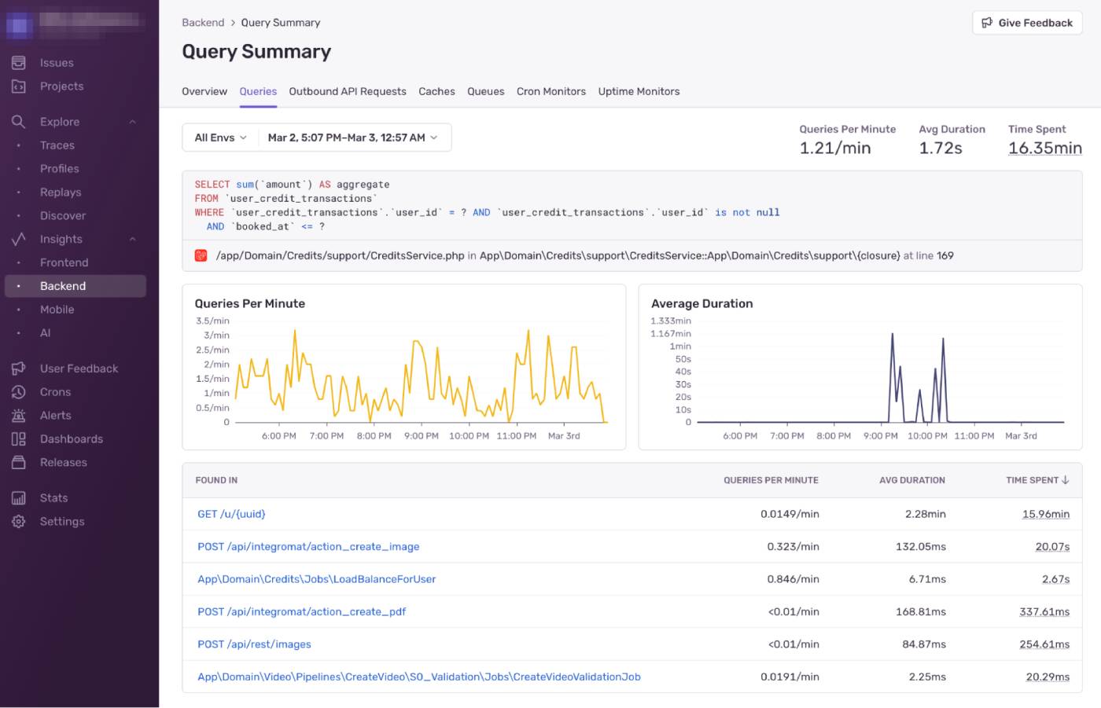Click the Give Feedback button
click(1027, 23)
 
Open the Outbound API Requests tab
click(347, 91)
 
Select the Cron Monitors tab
click(550, 91)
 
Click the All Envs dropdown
click(220, 138)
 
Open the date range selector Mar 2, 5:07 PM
click(352, 138)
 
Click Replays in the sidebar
click(61, 192)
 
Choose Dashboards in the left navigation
click(71, 438)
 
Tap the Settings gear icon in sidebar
click(19, 521)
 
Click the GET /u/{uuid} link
click(231, 514)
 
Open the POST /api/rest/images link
click(254, 644)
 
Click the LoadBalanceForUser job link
click(316, 579)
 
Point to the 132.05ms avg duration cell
click(920, 547)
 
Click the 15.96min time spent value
click(1045, 514)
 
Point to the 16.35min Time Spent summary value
click(1044, 148)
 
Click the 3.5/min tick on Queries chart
click(212, 321)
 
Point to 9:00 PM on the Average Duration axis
click(880, 435)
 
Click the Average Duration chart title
click(701, 303)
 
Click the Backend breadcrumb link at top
click(203, 23)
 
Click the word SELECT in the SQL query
click(212, 185)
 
